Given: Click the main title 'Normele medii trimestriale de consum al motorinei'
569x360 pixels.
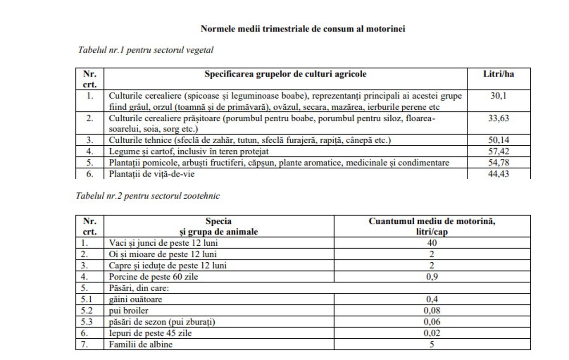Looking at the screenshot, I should click(303, 29).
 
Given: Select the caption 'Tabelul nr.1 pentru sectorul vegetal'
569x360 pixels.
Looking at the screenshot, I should click(146, 50).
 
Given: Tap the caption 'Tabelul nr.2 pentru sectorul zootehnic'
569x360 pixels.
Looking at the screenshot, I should click(148, 196).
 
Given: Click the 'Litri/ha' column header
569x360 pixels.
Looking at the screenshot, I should click(498, 74).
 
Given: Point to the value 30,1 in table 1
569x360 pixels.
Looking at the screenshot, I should click(498, 96).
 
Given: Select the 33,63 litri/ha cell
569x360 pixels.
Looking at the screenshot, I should click(498, 118).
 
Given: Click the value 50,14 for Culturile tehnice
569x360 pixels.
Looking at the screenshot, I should click(498, 140).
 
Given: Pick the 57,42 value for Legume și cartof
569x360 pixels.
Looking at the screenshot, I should click(498, 152).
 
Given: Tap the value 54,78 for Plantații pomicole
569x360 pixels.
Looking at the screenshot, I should click(498, 163).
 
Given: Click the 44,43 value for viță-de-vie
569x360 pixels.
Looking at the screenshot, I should click(498, 174).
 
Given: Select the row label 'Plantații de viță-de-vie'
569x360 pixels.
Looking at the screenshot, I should click(152, 174).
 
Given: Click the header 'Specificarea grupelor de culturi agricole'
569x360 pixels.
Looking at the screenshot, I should click(285, 74).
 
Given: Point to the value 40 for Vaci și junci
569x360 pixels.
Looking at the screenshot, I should click(432, 243).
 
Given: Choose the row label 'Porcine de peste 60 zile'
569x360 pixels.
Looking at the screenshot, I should click(154, 277).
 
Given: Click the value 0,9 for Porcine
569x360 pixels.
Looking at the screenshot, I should click(432, 277).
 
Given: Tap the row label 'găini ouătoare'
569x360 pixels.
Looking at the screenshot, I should click(136, 299).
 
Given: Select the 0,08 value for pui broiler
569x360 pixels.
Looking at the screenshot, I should click(432, 310).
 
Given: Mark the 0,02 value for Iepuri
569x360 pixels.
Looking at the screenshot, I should click(432, 333).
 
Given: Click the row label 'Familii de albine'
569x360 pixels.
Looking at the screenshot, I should click(141, 344).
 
